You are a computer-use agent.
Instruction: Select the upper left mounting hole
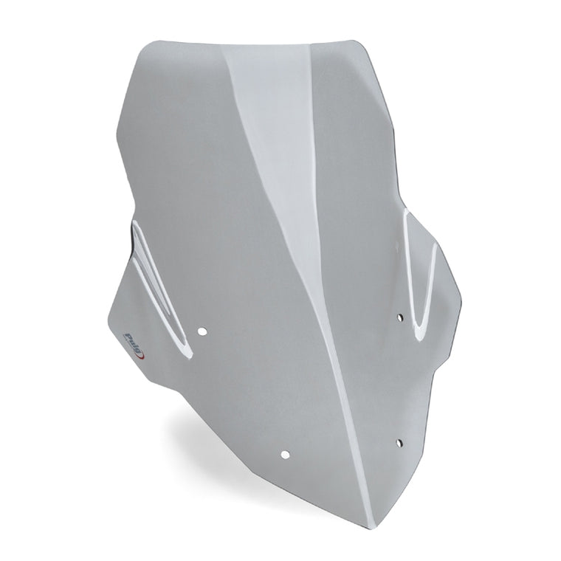coord(202,331)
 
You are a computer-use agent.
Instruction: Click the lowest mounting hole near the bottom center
coord(285,455)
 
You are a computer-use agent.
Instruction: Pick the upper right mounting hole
coord(400,317)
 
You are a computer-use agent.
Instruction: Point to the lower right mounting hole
coord(399,443)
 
